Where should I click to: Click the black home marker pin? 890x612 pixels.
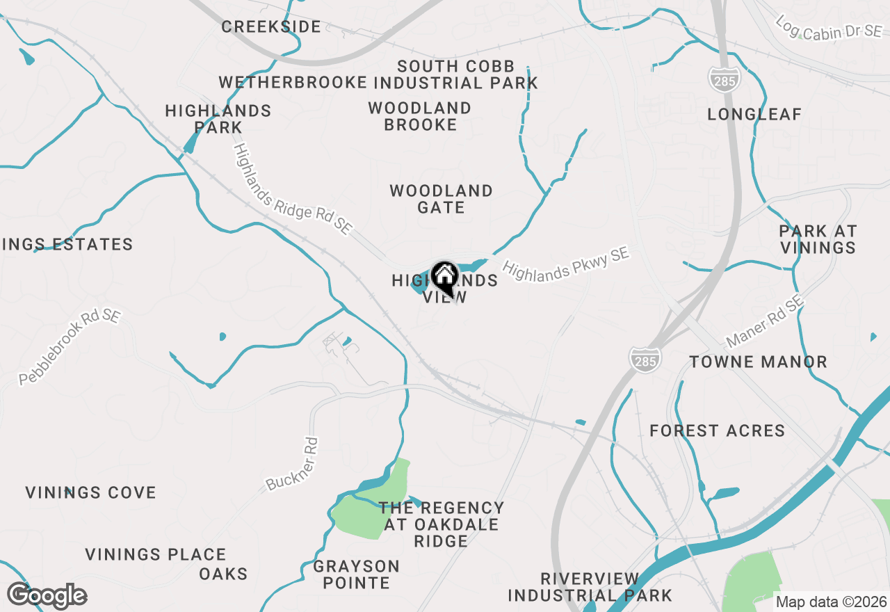(444, 277)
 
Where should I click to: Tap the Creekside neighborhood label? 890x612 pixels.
(271, 27)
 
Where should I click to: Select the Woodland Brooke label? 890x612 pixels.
(420, 117)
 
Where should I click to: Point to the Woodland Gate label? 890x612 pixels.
(441, 199)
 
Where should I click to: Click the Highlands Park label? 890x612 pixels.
(218, 119)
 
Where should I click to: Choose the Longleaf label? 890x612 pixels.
(754, 114)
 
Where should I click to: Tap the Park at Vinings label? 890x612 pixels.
(818, 239)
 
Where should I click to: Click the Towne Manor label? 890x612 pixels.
(759, 362)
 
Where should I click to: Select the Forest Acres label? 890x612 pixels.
(718, 431)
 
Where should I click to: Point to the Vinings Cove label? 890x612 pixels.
(91, 493)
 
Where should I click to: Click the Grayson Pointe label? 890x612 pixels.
(356, 574)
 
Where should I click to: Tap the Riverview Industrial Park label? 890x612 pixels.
(590, 587)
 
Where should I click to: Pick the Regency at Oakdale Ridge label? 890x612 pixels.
(441, 524)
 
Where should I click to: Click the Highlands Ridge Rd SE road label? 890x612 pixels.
(293, 188)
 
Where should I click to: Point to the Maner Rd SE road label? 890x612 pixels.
(765, 322)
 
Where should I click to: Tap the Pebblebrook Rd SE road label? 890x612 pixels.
(70, 347)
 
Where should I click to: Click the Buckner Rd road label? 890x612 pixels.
(292, 464)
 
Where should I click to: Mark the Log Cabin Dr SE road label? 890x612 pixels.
(828, 27)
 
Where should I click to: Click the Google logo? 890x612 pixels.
(47, 596)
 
